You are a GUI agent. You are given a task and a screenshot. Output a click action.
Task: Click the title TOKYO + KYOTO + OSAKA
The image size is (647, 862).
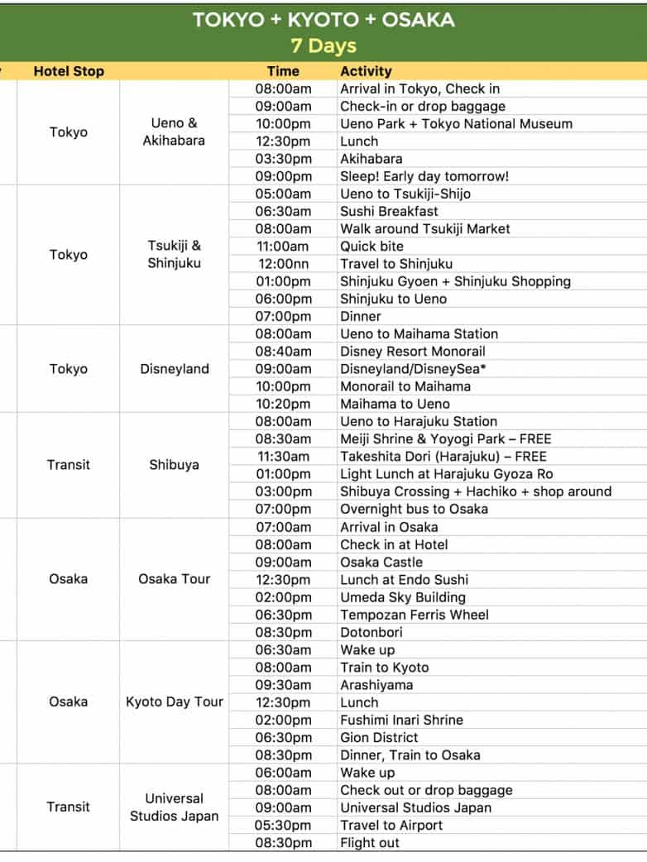pos(323,20)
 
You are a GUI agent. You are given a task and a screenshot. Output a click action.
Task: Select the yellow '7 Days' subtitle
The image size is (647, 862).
pos(323,45)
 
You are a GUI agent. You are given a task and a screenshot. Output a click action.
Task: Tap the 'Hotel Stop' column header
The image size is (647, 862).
pos(69,71)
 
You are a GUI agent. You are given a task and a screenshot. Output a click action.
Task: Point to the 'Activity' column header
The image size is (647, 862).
pos(366,71)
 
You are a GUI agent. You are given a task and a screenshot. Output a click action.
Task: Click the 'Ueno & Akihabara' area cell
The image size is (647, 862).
pos(174,132)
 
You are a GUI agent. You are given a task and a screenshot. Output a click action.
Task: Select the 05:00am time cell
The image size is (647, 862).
pos(283,194)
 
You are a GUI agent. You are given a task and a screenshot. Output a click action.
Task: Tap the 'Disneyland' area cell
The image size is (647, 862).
pos(174,369)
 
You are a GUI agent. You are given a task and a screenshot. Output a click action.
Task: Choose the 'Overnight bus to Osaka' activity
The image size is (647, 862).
pos(414,509)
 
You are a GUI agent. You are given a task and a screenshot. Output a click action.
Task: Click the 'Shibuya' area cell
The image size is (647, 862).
pos(174,465)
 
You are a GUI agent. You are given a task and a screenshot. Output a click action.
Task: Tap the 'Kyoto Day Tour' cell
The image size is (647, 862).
pos(174,702)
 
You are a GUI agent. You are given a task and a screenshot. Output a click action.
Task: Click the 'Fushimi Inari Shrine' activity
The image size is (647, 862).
pos(401,720)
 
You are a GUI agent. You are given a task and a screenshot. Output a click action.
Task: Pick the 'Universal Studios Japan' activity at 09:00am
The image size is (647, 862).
pos(415,807)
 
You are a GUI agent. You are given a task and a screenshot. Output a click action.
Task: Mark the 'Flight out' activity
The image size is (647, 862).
pos(369,843)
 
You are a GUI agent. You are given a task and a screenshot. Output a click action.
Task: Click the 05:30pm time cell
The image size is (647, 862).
pos(283,825)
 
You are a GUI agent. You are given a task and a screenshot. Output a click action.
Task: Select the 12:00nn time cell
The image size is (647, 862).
pos(283,264)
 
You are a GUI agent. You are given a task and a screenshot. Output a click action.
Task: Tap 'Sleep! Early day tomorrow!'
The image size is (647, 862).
pos(424,176)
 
